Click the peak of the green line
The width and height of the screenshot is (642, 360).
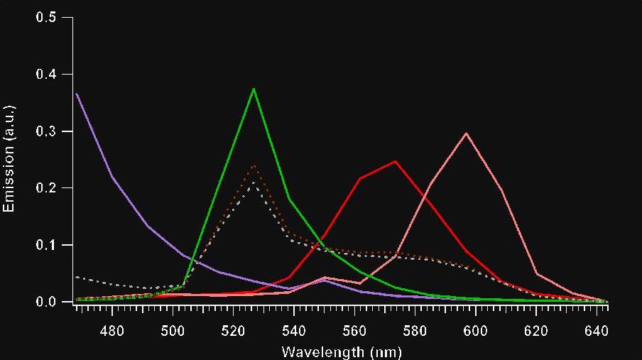point(254,89)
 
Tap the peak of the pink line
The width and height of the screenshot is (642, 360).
point(466,133)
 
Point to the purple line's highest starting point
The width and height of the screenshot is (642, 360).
point(76,93)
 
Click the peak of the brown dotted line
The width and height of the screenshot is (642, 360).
point(254,166)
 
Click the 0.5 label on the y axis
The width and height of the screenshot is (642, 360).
point(45,17)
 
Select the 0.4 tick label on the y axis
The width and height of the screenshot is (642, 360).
point(45,74)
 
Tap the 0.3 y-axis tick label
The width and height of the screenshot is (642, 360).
point(45,131)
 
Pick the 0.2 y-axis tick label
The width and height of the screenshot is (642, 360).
point(45,188)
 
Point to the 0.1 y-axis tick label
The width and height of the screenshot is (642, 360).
point(45,245)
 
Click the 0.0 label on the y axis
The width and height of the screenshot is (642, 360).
point(45,302)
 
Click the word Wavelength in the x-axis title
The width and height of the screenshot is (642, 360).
point(314,351)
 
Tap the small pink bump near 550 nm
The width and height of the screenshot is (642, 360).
point(324,277)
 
